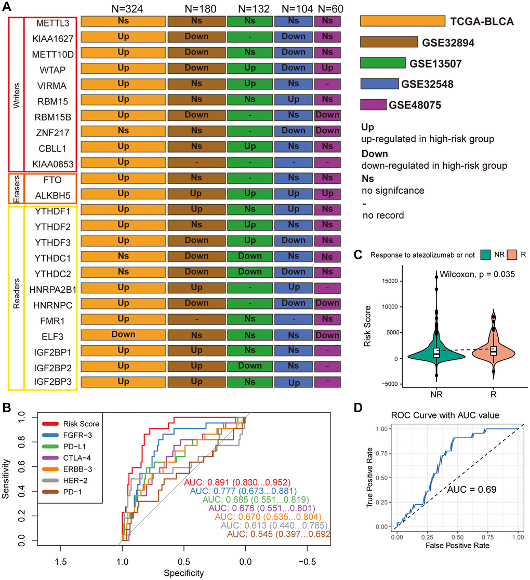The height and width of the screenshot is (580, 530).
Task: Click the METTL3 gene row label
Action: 50,23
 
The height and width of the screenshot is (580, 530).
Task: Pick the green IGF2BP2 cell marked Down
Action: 250,366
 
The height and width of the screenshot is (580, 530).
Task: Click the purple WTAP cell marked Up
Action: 327,68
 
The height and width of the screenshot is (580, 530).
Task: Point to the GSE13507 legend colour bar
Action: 382,63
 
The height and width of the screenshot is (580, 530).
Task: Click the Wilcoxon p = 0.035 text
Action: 477,274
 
